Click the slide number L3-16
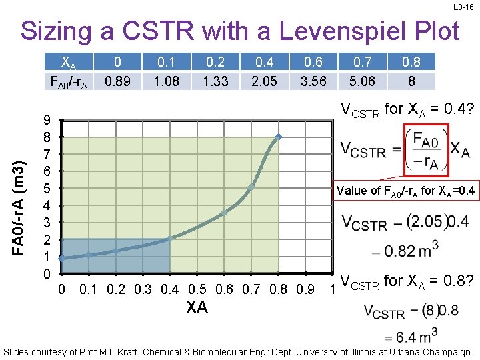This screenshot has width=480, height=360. pyautogui.click(x=463, y=7)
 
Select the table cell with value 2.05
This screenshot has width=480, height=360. pyautogui.click(x=265, y=81)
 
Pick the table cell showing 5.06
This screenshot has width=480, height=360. pyautogui.click(x=363, y=81)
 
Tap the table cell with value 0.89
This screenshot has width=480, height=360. pyautogui.click(x=117, y=81)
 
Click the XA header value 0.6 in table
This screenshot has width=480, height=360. pyautogui.click(x=314, y=63)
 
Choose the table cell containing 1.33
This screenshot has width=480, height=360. pyautogui.click(x=215, y=81)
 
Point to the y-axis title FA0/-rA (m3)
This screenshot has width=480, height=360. pyautogui.click(x=22, y=197)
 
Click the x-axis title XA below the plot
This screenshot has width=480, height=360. pyautogui.click(x=197, y=307)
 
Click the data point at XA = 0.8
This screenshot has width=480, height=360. pyautogui.click(x=279, y=137)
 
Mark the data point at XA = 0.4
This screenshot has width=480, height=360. pyautogui.click(x=170, y=238)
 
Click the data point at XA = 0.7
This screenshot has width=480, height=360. pyautogui.click(x=251, y=187)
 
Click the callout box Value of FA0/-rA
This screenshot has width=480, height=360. pyautogui.click(x=406, y=191)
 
